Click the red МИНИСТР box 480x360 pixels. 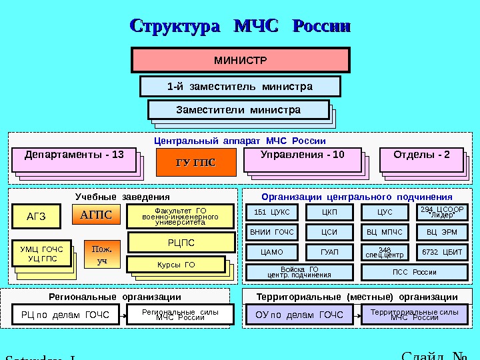(241, 60)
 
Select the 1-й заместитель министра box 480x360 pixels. (240, 87)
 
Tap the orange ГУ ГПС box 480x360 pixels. (197, 163)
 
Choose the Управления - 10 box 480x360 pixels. (302, 159)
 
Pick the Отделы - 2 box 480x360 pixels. (421, 159)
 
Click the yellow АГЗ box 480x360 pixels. (36, 215)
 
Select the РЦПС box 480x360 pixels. (181, 243)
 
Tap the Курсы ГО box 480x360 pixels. (177, 265)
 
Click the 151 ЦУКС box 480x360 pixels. (273, 212)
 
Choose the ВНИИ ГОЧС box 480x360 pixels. (272, 232)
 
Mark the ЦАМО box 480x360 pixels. (272, 252)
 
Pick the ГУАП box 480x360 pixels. (329, 252)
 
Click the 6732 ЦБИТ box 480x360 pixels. (443, 252)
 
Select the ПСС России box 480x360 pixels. (414, 272)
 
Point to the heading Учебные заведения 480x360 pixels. (123, 197)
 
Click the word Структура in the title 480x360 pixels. (175, 27)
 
